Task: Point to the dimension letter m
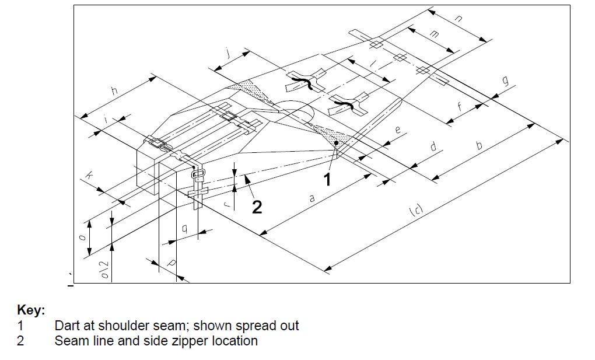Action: pos(433,35)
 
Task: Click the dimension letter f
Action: pos(460,107)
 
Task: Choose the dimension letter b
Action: pos(480,145)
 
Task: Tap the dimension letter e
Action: pos(398,130)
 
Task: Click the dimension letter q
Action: pos(184,229)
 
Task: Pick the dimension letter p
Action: pos(171,264)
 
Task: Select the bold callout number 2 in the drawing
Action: pos(257,206)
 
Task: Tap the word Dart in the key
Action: pos(66,326)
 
